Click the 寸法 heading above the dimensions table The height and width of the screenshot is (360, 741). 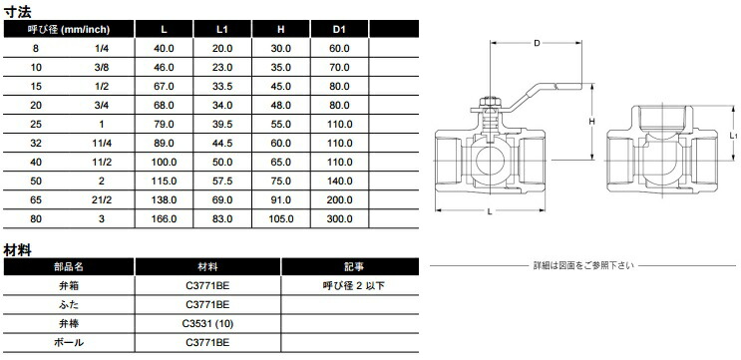[x=18, y=10]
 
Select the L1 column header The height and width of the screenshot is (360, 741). [x=222, y=29]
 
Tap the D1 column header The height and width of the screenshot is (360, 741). [x=339, y=29]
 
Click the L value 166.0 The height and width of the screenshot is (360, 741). [x=164, y=219]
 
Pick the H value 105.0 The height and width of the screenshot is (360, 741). [x=280, y=219]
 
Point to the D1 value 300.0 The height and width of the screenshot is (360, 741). [x=339, y=219]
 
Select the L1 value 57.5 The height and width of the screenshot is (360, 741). [x=222, y=180]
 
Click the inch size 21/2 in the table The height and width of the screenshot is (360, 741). [x=102, y=199]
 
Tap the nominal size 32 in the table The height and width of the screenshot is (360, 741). [x=36, y=144]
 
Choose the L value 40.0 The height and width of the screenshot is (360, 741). [x=164, y=48]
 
